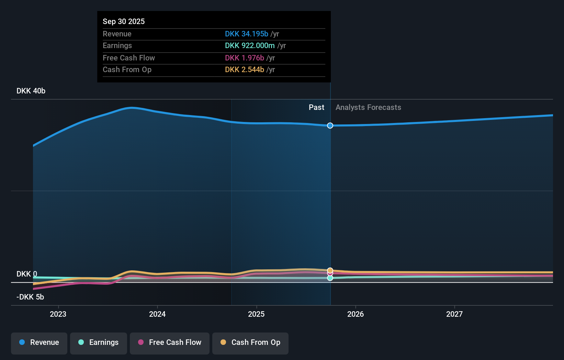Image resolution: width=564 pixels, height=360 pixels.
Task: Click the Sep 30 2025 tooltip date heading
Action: (124, 21)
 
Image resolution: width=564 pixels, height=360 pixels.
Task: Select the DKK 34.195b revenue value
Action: (246, 34)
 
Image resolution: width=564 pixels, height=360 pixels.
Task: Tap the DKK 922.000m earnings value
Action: (250, 45)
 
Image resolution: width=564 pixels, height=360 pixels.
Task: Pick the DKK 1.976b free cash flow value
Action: (244, 58)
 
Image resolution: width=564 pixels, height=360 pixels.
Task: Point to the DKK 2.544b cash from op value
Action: (244, 69)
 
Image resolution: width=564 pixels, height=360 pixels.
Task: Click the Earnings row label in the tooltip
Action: (117, 45)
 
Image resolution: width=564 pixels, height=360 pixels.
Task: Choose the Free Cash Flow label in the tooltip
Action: (128, 58)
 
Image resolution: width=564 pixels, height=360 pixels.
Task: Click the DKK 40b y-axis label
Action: (31, 91)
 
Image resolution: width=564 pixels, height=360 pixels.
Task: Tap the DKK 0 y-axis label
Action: (27, 274)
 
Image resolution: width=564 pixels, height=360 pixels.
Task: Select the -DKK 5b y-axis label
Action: (30, 297)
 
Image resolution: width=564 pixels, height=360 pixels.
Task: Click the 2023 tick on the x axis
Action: (58, 314)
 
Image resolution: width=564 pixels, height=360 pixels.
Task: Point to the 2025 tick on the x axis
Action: (256, 314)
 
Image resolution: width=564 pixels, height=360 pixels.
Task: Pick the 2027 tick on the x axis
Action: (454, 314)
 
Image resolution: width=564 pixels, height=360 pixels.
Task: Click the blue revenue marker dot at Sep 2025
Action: (330, 125)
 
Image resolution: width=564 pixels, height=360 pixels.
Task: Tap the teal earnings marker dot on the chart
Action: (330, 278)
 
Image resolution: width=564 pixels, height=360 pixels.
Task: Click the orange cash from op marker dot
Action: (330, 270)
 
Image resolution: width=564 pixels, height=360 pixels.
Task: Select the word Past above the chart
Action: (316, 107)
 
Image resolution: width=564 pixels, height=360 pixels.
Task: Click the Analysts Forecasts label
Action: (368, 107)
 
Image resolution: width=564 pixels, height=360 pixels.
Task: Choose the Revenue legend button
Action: (39, 343)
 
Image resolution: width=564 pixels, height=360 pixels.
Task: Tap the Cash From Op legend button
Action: (250, 343)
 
